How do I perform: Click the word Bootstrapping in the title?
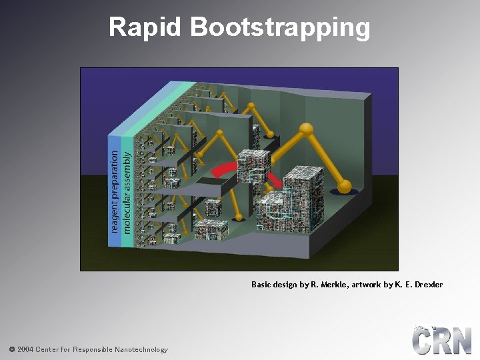pyautogui.click(x=280, y=28)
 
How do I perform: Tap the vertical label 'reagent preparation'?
pyautogui.click(x=115, y=192)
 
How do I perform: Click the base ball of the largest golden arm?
pyautogui.click(x=344, y=186)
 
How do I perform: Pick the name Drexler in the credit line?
pyautogui.click(x=428, y=285)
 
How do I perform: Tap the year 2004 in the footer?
pyautogui.click(x=25, y=349)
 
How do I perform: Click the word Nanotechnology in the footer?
pyautogui.click(x=141, y=349)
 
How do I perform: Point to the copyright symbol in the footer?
pyautogui.click(x=12, y=349)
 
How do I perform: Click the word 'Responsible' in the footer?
pyautogui.click(x=93, y=349)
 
